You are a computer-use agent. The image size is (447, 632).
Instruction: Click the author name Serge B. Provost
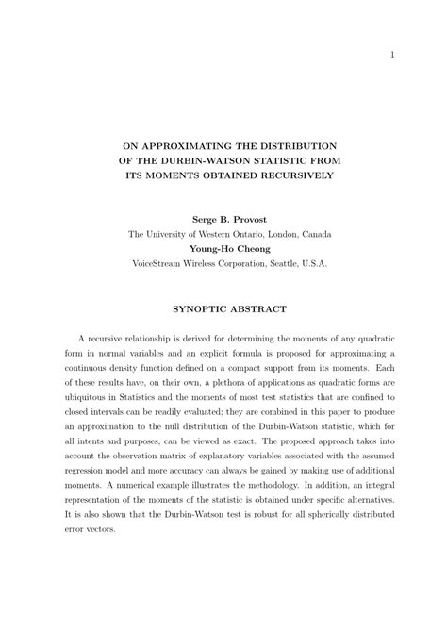click(230, 218)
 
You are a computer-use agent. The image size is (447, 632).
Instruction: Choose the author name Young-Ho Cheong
click(229, 249)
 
